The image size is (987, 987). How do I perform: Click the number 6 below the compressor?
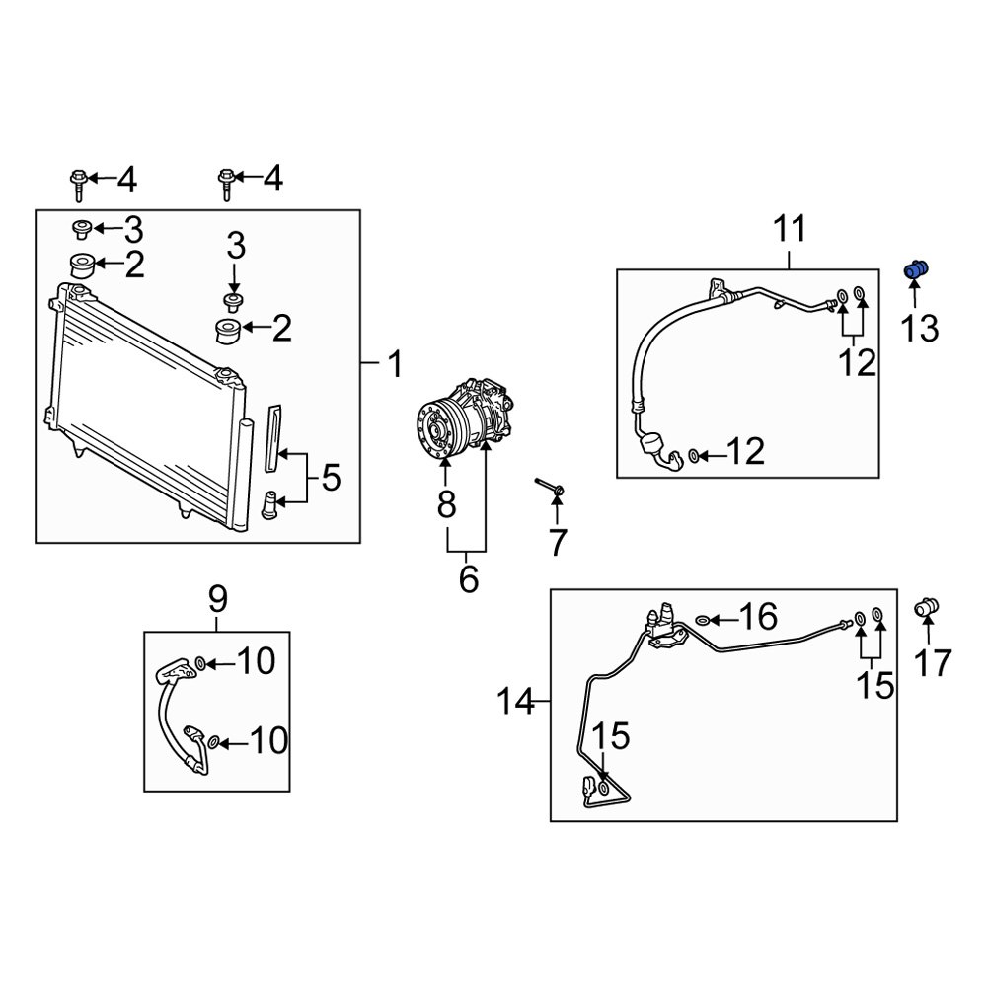pyautogui.click(x=468, y=578)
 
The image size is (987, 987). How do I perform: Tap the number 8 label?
pyautogui.click(x=446, y=505)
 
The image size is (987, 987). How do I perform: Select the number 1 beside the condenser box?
pyautogui.click(x=394, y=366)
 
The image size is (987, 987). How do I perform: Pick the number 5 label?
pyautogui.click(x=331, y=480)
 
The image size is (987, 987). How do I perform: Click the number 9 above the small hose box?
pyautogui.click(x=217, y=598)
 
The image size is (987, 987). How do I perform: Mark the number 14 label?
pyautogui.click(x=513, y=703)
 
